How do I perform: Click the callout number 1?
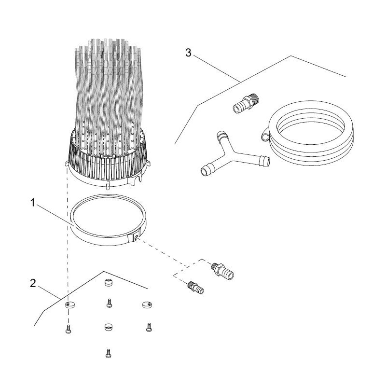pyautogui.click(x=33, y=204)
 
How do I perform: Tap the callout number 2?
pyautogui.click(x=33, y=283)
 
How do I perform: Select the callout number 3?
pyautogui.click(x=189, y=53)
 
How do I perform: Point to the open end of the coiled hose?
pyautogui.click(x=264, y=138)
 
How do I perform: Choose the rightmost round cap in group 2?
pyautogui.click(x=147, y=304)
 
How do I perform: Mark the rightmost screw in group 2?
pyautogui.click(x=149, y=327)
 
